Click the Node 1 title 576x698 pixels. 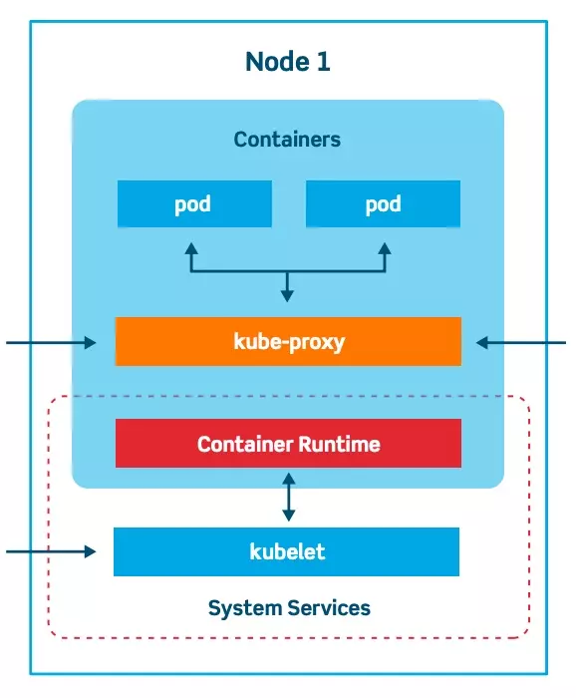287,62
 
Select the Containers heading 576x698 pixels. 287,140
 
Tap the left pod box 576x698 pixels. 193,204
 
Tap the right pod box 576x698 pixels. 383,204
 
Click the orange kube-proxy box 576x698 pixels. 288,342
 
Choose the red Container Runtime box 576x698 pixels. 288,444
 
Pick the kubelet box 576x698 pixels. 287,551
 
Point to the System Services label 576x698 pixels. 289,607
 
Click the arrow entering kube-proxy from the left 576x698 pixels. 50,343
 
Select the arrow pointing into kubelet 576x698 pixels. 50,550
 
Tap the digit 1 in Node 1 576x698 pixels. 323,62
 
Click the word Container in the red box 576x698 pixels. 242,444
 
